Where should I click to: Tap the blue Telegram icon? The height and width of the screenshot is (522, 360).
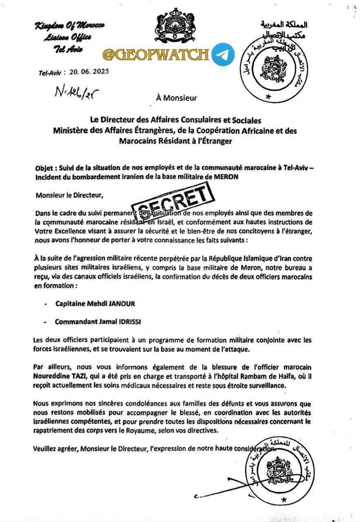coord(223,54)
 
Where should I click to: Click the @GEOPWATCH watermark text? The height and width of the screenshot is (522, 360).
coord(155,54)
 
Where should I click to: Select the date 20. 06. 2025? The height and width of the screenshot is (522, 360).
coord(89,71)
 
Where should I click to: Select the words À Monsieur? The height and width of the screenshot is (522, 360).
coord(176,98)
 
